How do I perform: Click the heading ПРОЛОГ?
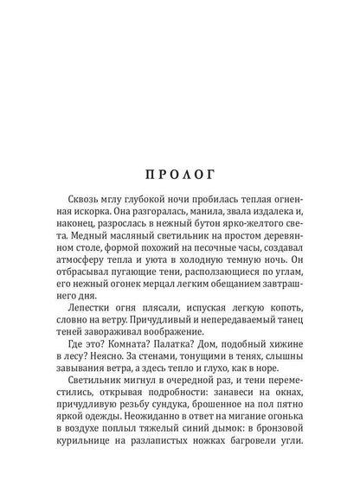[x=180, y=170]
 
